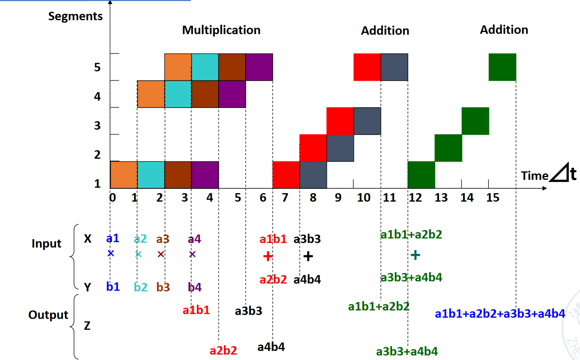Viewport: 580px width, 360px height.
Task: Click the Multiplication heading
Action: point(221,30)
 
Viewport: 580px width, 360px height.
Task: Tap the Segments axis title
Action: point(75,16)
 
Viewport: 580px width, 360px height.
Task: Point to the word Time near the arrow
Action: point(535,176)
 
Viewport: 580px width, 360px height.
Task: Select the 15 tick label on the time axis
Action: point(493,197)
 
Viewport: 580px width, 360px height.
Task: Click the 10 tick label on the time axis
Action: point(363,197)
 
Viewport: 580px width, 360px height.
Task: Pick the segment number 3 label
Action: point(97,125)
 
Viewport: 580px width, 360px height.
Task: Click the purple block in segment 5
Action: point(259,67)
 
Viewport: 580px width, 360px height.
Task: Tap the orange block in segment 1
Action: point(124,175)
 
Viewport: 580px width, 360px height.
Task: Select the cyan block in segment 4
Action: point(178,94)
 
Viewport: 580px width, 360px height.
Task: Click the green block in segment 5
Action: point(502,67)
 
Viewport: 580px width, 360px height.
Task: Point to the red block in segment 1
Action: point(286,175)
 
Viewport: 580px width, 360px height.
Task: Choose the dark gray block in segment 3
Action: point(367,121)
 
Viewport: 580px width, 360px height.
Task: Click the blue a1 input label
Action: point(113,239)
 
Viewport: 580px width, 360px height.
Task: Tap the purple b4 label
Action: point(194,287)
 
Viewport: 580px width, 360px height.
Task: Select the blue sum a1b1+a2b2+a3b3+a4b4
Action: point(500,314)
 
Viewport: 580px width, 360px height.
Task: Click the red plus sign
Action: point(268,256)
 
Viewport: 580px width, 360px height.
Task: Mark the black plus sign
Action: point(308,256)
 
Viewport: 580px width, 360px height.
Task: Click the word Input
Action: point(46,244)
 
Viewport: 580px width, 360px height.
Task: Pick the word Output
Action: point(48,315)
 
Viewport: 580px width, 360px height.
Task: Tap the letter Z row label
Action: point(87,326)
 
